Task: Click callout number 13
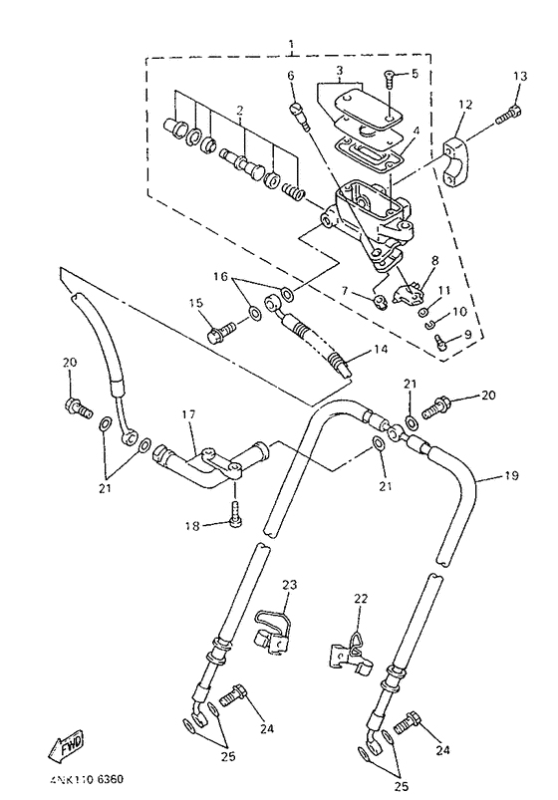[520, 77]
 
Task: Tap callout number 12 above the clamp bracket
[465, 105]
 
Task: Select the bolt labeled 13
[507, 115]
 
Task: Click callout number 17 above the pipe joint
[189, 414]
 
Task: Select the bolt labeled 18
[236, 511]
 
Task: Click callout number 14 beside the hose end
[381, 350]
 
